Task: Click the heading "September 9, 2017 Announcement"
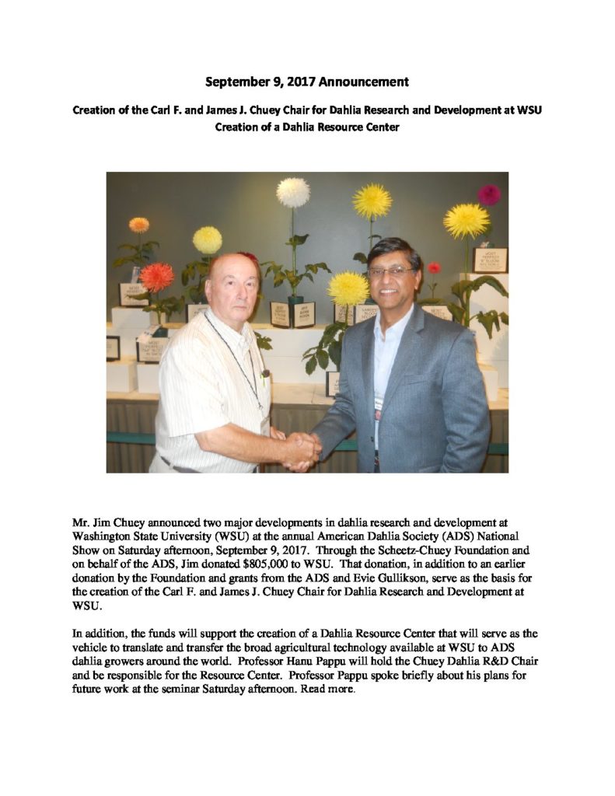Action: [x=307, y=82]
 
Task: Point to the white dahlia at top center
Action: [x=293, y=192]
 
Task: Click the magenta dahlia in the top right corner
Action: [x=489, y=194]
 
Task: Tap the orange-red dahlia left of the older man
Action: [x=157, y=277]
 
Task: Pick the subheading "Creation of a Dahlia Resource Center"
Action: [x=307, y=127]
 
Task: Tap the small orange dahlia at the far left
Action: [x=139, y=225]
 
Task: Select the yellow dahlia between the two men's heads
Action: [x=348, y=288]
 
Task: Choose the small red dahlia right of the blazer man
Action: [x=434, y=267]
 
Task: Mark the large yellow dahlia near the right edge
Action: [x=466, y=221]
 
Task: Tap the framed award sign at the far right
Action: [x=490, y=260]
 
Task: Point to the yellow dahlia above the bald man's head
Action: [x=208, y=239]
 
